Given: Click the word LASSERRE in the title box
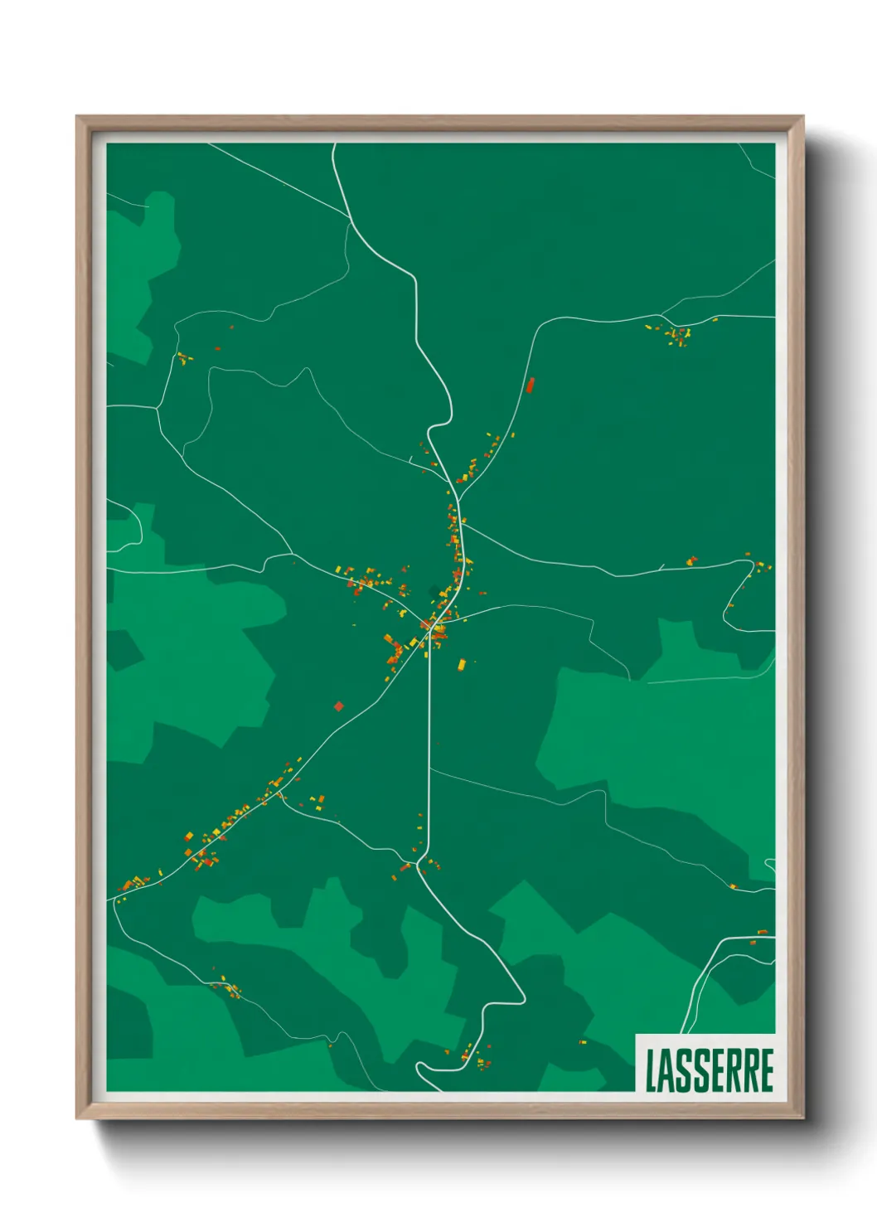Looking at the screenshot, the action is (x=709, y=1070).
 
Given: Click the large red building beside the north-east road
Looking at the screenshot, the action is (x=531, y=385).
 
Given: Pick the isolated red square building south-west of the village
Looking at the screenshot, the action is (x=338, y=706).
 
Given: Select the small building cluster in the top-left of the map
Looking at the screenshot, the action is (x=183, y=358).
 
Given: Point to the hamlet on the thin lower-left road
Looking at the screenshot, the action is (x=226, y=987).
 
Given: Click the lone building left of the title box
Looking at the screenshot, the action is (x=582, y=1041).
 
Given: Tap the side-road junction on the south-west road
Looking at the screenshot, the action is (x=279, y=793).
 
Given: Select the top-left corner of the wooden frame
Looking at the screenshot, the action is (x=78, y=118).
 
